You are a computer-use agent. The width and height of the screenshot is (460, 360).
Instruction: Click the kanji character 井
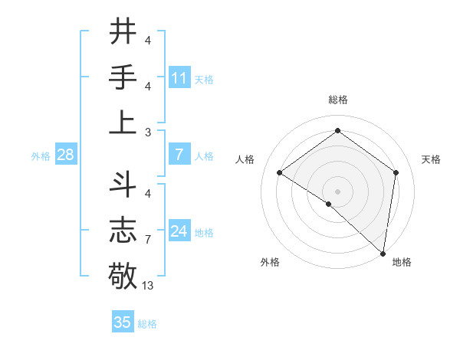[123, 32]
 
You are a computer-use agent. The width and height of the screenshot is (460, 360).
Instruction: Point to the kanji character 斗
[123, 185]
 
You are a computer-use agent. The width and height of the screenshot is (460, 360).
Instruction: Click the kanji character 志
[123, 229]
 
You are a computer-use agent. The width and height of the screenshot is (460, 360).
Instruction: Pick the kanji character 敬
[123, 273]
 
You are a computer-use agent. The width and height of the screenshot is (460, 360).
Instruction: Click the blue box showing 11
[179, 77]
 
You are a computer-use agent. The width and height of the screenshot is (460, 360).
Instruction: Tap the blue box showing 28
[66, 155]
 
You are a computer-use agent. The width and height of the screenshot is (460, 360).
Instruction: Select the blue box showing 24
[179, 232]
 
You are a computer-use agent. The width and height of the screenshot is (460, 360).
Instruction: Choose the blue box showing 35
[123, 322]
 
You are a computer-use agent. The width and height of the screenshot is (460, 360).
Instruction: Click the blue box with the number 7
[179, 155]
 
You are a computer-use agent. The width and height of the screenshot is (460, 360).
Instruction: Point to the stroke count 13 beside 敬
[149, 286]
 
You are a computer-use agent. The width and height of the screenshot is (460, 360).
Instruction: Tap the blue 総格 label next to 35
[147, 324]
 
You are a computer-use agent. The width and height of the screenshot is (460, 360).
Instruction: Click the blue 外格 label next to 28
[41, 156]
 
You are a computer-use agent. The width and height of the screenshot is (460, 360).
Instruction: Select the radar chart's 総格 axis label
[337, 100]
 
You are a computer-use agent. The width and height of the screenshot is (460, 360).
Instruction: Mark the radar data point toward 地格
[383, 253]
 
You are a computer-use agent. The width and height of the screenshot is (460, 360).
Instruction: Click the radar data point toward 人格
[280, 172]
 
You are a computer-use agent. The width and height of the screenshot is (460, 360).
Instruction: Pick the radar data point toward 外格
[329, 204]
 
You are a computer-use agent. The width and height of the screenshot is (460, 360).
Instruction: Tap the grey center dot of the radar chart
[337, 191]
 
